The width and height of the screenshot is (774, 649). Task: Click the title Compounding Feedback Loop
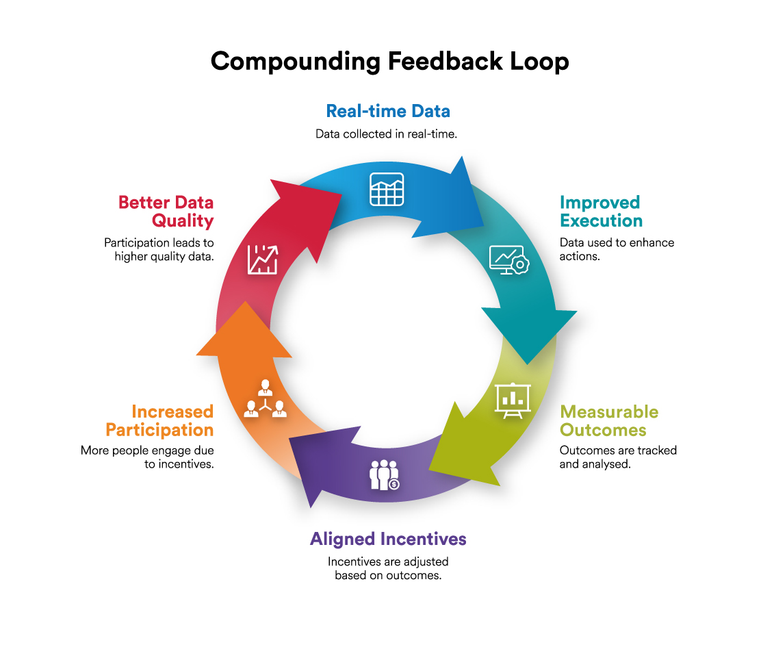pos(389,62)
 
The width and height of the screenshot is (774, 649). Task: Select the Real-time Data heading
pos(388,111)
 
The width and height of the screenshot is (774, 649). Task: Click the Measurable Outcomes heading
pos(608,421)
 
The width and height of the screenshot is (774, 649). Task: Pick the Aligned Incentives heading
pos(388,539)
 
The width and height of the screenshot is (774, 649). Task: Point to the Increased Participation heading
pos(159,421)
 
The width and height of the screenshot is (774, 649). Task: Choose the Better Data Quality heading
pos(166,212)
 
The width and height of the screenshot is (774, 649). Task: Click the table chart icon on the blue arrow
pos(387,189)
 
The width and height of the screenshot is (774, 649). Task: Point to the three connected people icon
pos(265,400)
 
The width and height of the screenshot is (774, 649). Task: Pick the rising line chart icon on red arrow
pos(262,259)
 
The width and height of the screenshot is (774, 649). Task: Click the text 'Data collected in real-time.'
pos(386,134)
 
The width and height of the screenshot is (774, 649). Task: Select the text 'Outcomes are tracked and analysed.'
pos(617,457)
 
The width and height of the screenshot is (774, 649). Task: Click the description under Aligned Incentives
pos(388,568)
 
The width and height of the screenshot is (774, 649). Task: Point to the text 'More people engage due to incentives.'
pos(147,457)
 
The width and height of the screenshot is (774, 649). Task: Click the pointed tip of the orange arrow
pos(244,304)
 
